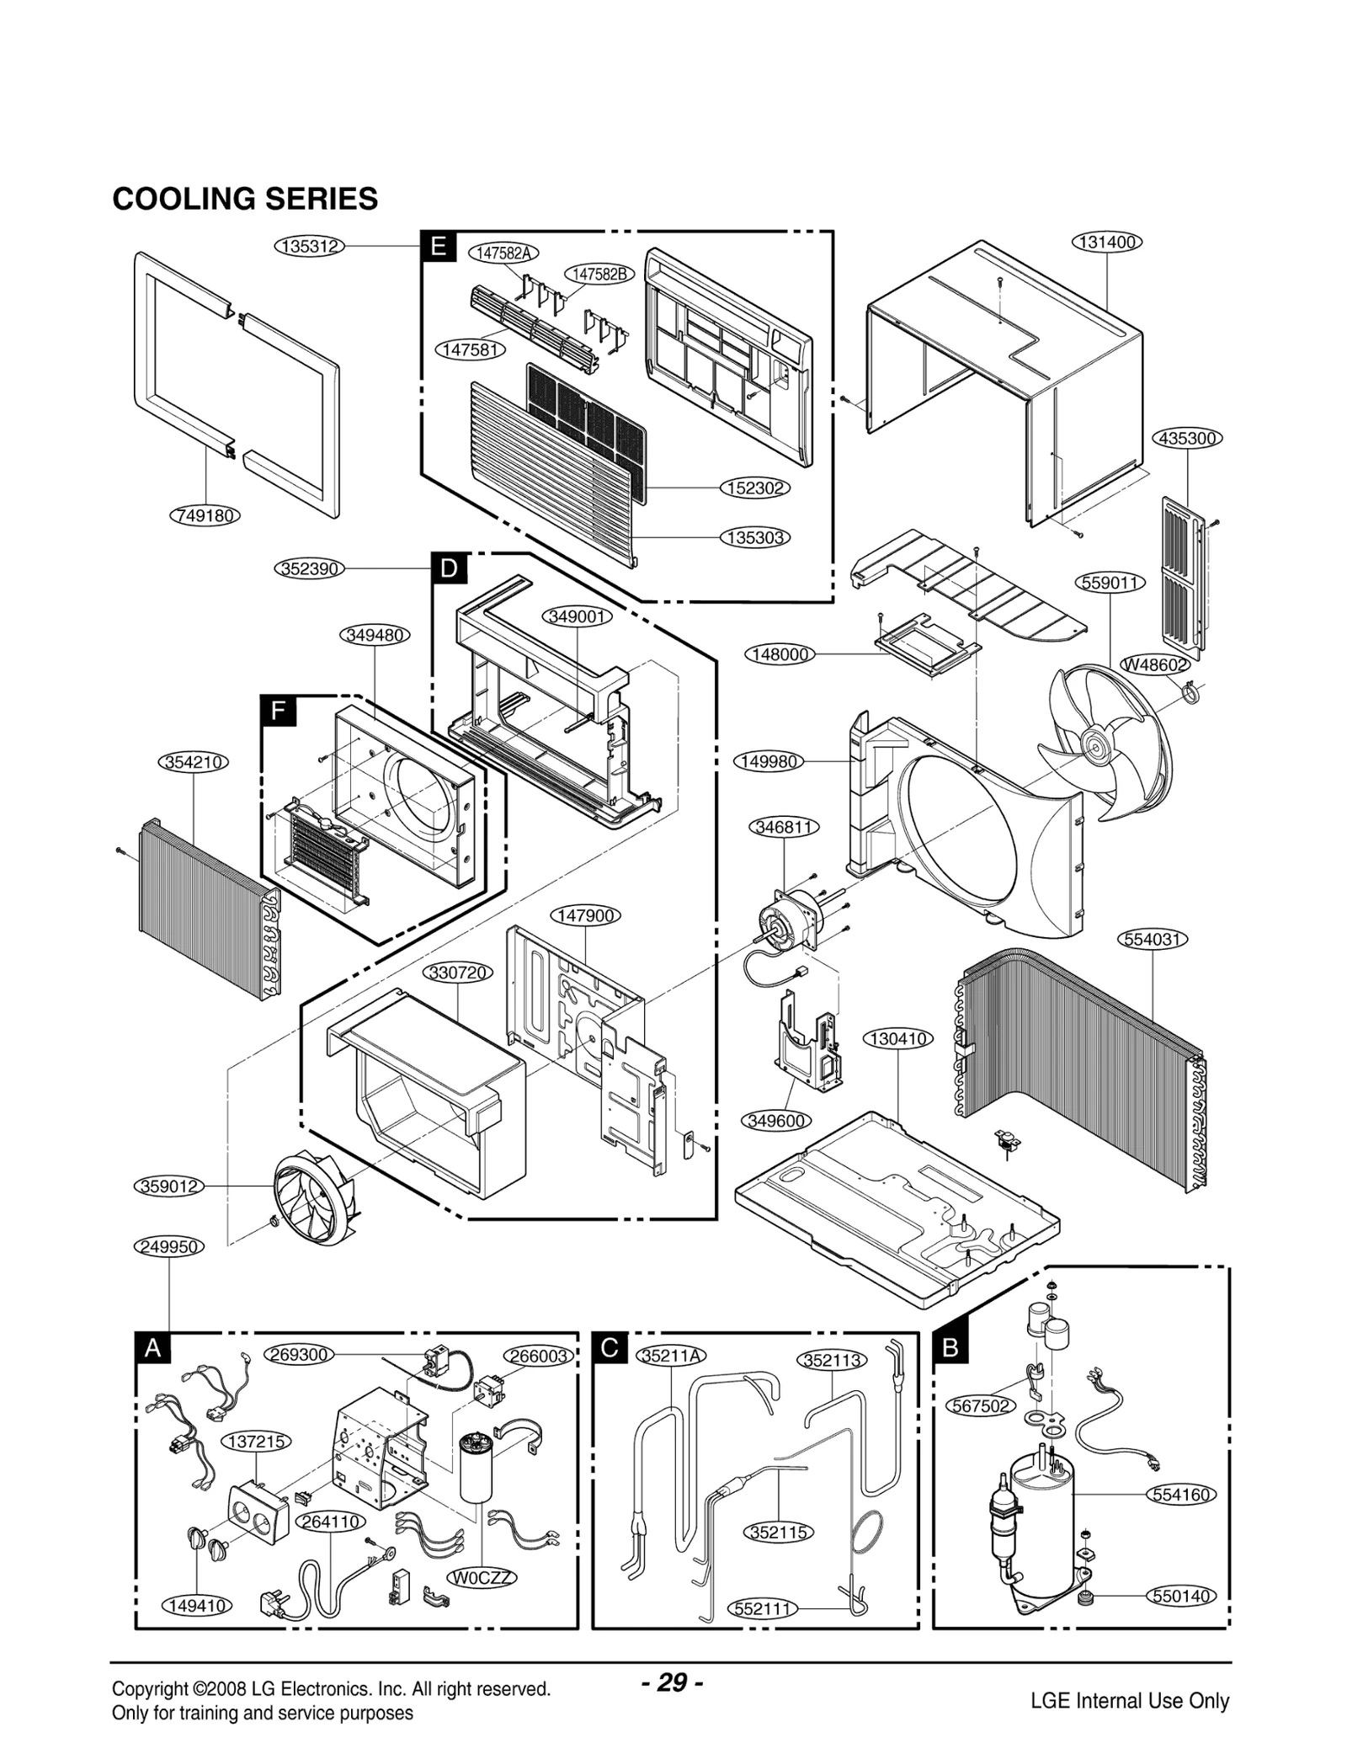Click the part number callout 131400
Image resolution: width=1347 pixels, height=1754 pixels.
pos(1107,243)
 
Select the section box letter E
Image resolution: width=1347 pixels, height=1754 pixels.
pos(438,247)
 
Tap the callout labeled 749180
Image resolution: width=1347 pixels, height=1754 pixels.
pos(205,515)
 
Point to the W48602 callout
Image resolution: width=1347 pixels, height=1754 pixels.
pos(1154,664)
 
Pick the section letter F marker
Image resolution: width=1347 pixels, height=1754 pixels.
pos(277,711)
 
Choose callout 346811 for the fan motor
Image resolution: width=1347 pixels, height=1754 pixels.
pos(783,827)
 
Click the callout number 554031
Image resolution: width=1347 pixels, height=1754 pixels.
pos(1153,939)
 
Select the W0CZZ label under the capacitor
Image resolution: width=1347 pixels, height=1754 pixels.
pos(482,1577)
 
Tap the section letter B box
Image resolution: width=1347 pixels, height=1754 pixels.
pos(950,1347)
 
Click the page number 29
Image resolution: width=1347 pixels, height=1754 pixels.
pos(672,1682)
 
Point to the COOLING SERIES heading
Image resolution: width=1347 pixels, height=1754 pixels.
pos(245,200)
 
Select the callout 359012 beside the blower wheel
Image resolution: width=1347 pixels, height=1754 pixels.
pos(169,1186)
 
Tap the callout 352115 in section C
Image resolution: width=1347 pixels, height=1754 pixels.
pos(779,1532)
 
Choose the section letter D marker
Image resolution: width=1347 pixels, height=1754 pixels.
pos(449,569)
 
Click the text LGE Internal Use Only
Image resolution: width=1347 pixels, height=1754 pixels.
pos(1129,1700)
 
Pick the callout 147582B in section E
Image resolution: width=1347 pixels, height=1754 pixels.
pos(599,274)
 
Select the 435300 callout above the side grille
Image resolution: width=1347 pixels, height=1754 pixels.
pos(1187,439)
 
